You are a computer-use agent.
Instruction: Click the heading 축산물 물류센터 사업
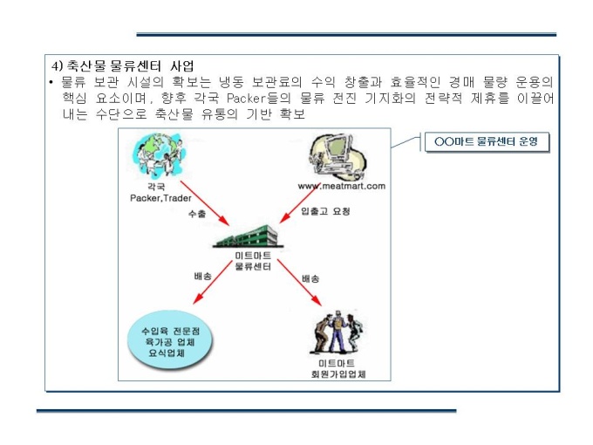131,65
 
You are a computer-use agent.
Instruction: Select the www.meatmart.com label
342,186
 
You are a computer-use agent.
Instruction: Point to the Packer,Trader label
160,198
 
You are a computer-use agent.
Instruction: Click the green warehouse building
248,236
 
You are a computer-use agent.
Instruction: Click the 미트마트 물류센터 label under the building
253,261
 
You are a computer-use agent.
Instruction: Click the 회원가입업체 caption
338,374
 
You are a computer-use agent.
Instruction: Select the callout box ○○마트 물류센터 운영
487,142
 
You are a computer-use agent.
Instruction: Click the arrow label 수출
197,214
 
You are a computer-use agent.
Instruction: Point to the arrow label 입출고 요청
325,211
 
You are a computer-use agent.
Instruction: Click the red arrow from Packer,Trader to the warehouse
205,202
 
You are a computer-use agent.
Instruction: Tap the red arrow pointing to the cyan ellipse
213,282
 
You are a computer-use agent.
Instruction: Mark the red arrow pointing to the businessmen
299,283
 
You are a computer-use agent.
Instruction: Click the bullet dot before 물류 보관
51,82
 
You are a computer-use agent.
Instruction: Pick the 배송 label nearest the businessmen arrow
310,279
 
